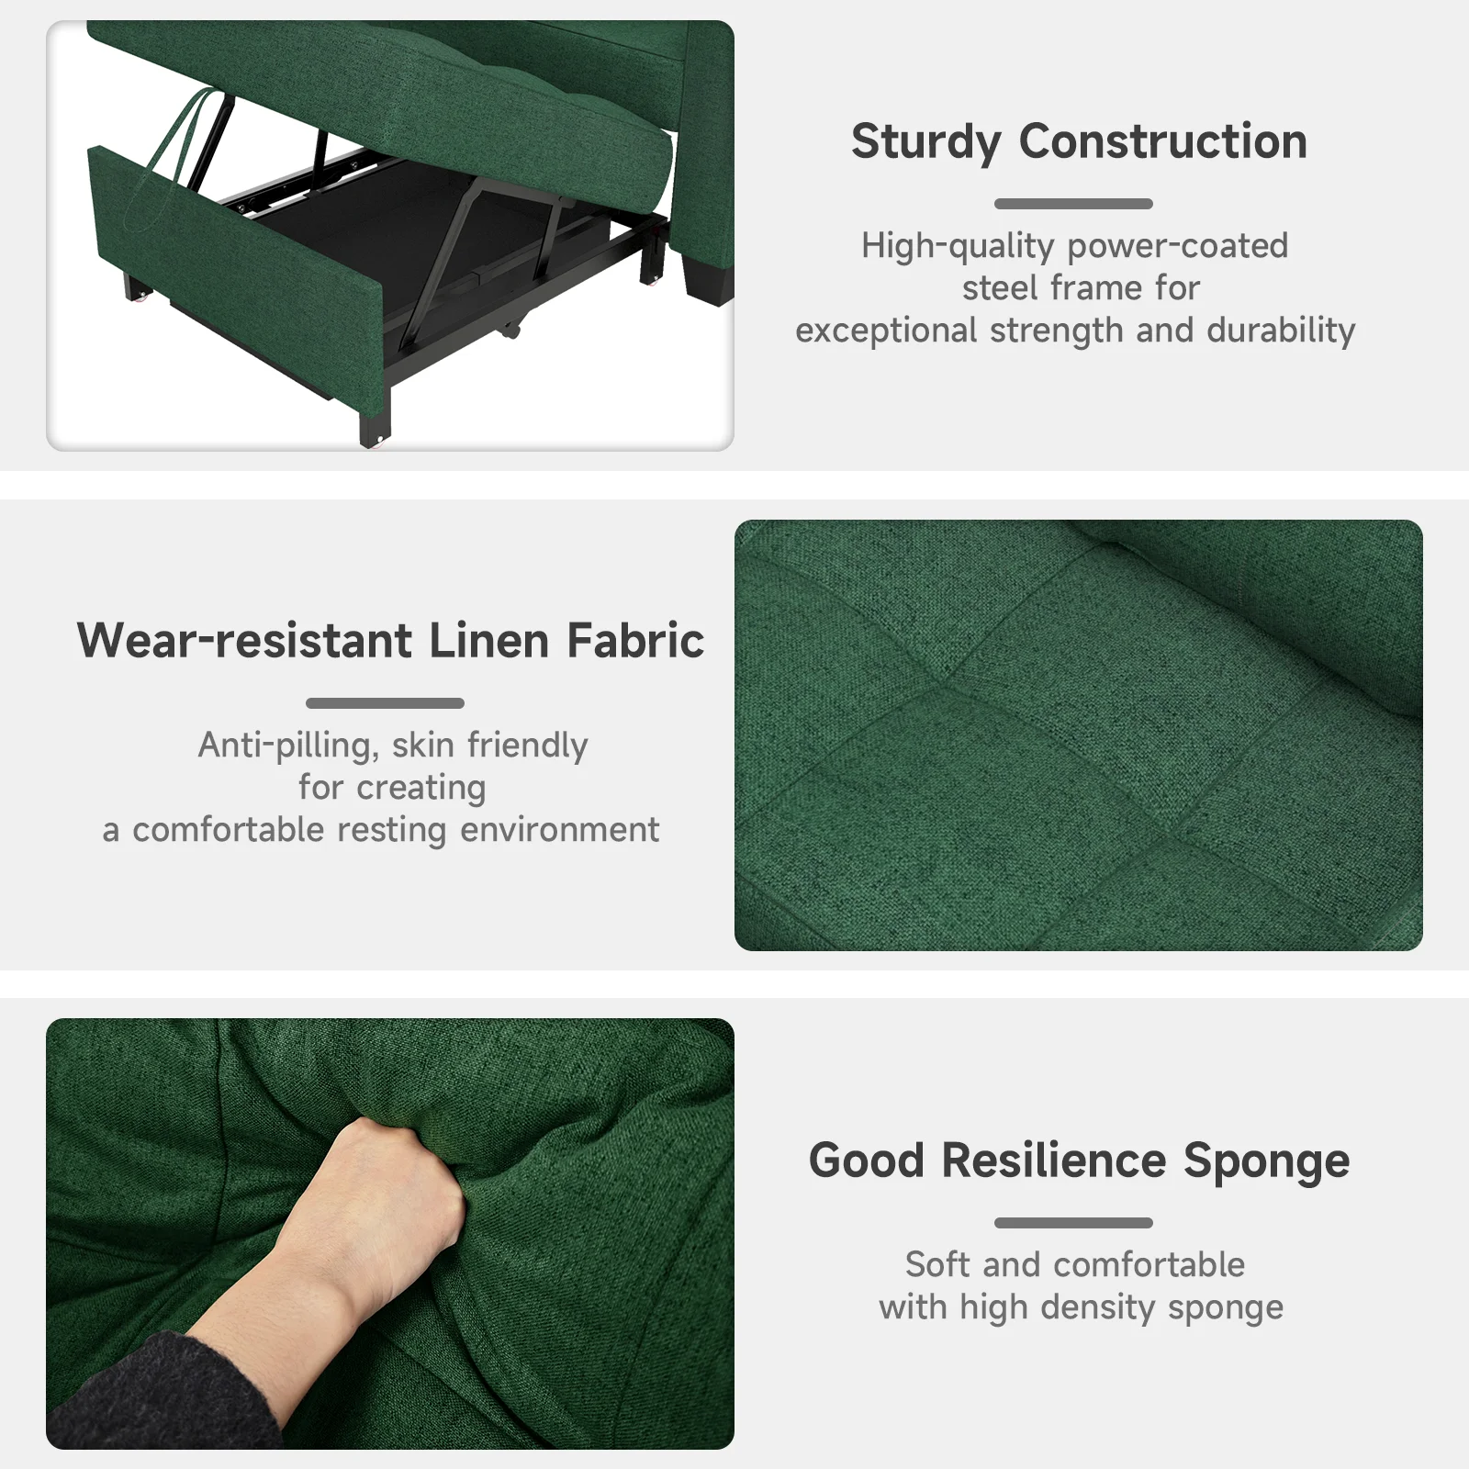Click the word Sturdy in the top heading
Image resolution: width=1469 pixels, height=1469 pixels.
pos(926,143)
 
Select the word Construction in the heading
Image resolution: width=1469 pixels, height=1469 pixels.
pos(1163,141)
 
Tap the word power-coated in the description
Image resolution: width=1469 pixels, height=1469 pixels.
pos(1178,247)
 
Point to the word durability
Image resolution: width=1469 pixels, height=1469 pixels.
pos(1281,331)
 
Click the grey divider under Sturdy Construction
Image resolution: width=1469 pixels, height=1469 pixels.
pos(1073,204)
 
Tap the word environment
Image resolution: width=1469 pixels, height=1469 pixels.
pos(559,830)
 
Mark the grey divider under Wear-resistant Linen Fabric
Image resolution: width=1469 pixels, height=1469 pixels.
pos(385,703)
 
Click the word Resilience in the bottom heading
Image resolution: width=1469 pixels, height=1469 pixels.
pos(1054,1160)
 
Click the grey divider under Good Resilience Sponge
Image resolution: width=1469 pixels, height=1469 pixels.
pos(1073,1223)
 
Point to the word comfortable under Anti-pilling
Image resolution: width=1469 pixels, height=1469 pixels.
pos(229,830)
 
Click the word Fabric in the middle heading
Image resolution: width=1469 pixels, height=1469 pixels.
pos(635,640)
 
